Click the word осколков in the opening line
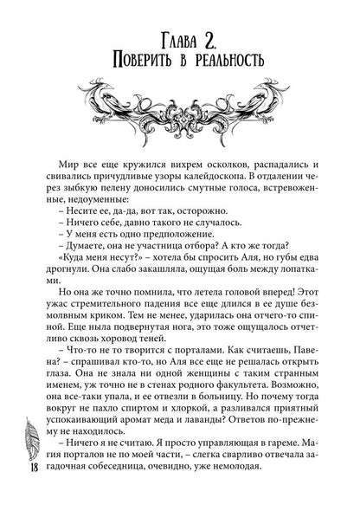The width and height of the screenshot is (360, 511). click(200, 161)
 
